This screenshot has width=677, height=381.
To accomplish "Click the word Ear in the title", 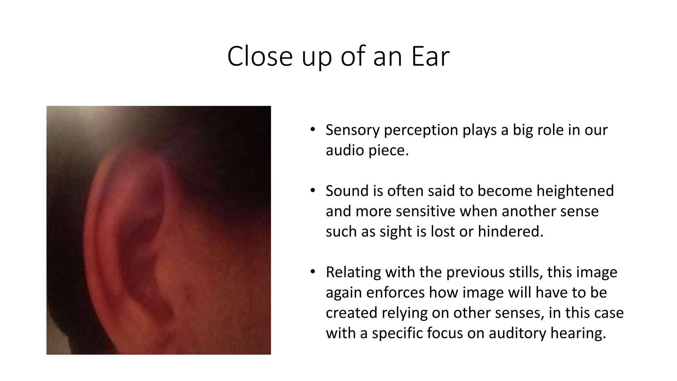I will (x=430, y=56).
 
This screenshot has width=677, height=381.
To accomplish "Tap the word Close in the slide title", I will (x=260, y=56).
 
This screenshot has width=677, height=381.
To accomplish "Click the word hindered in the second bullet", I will (x=510, y=232).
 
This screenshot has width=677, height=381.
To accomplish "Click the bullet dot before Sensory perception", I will (x=313, y=129).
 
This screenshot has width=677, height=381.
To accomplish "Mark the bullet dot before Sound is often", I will (x=313, y=190).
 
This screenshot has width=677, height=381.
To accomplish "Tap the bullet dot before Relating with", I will (x=313, y=272).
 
